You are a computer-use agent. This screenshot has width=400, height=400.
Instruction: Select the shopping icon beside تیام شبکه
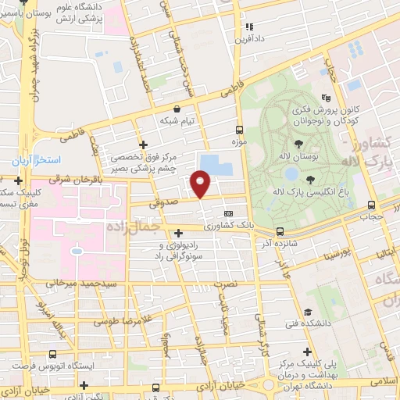(179, 109)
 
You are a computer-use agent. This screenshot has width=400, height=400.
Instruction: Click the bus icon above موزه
(239, 130)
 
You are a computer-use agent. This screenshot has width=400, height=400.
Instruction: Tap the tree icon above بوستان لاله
(299, 143)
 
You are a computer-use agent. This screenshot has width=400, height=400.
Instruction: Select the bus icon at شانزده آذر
(279, 231)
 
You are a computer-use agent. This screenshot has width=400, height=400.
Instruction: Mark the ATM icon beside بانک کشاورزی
(228, 213)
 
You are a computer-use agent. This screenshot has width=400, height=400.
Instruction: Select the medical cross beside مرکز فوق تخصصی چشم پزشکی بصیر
(142, 145)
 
